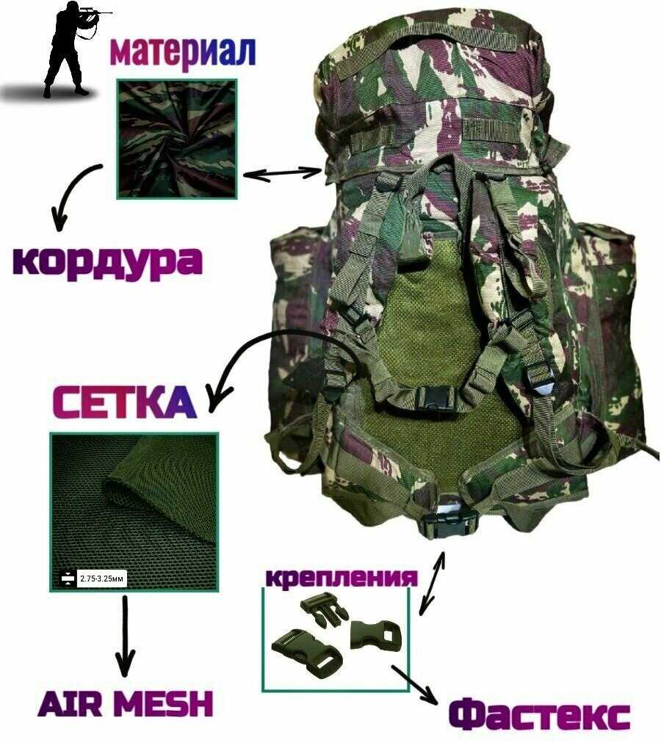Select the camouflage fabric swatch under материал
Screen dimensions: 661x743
pyautogui.click(x=176, y=139)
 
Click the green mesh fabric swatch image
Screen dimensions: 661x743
pyautogui.click(x=134, y=512)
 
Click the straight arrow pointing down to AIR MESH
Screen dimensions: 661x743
pyautogui.click(x=125, y=635)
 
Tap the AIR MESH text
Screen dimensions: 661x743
pyautogui.click(x=126, y=703)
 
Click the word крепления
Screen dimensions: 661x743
pyautogui.click(x=342, y=576)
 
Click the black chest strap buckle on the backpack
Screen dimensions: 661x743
pyautogui.click(x=433, y=398)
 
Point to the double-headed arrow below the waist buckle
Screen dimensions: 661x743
pyautogui.click(x=432, y=583)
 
